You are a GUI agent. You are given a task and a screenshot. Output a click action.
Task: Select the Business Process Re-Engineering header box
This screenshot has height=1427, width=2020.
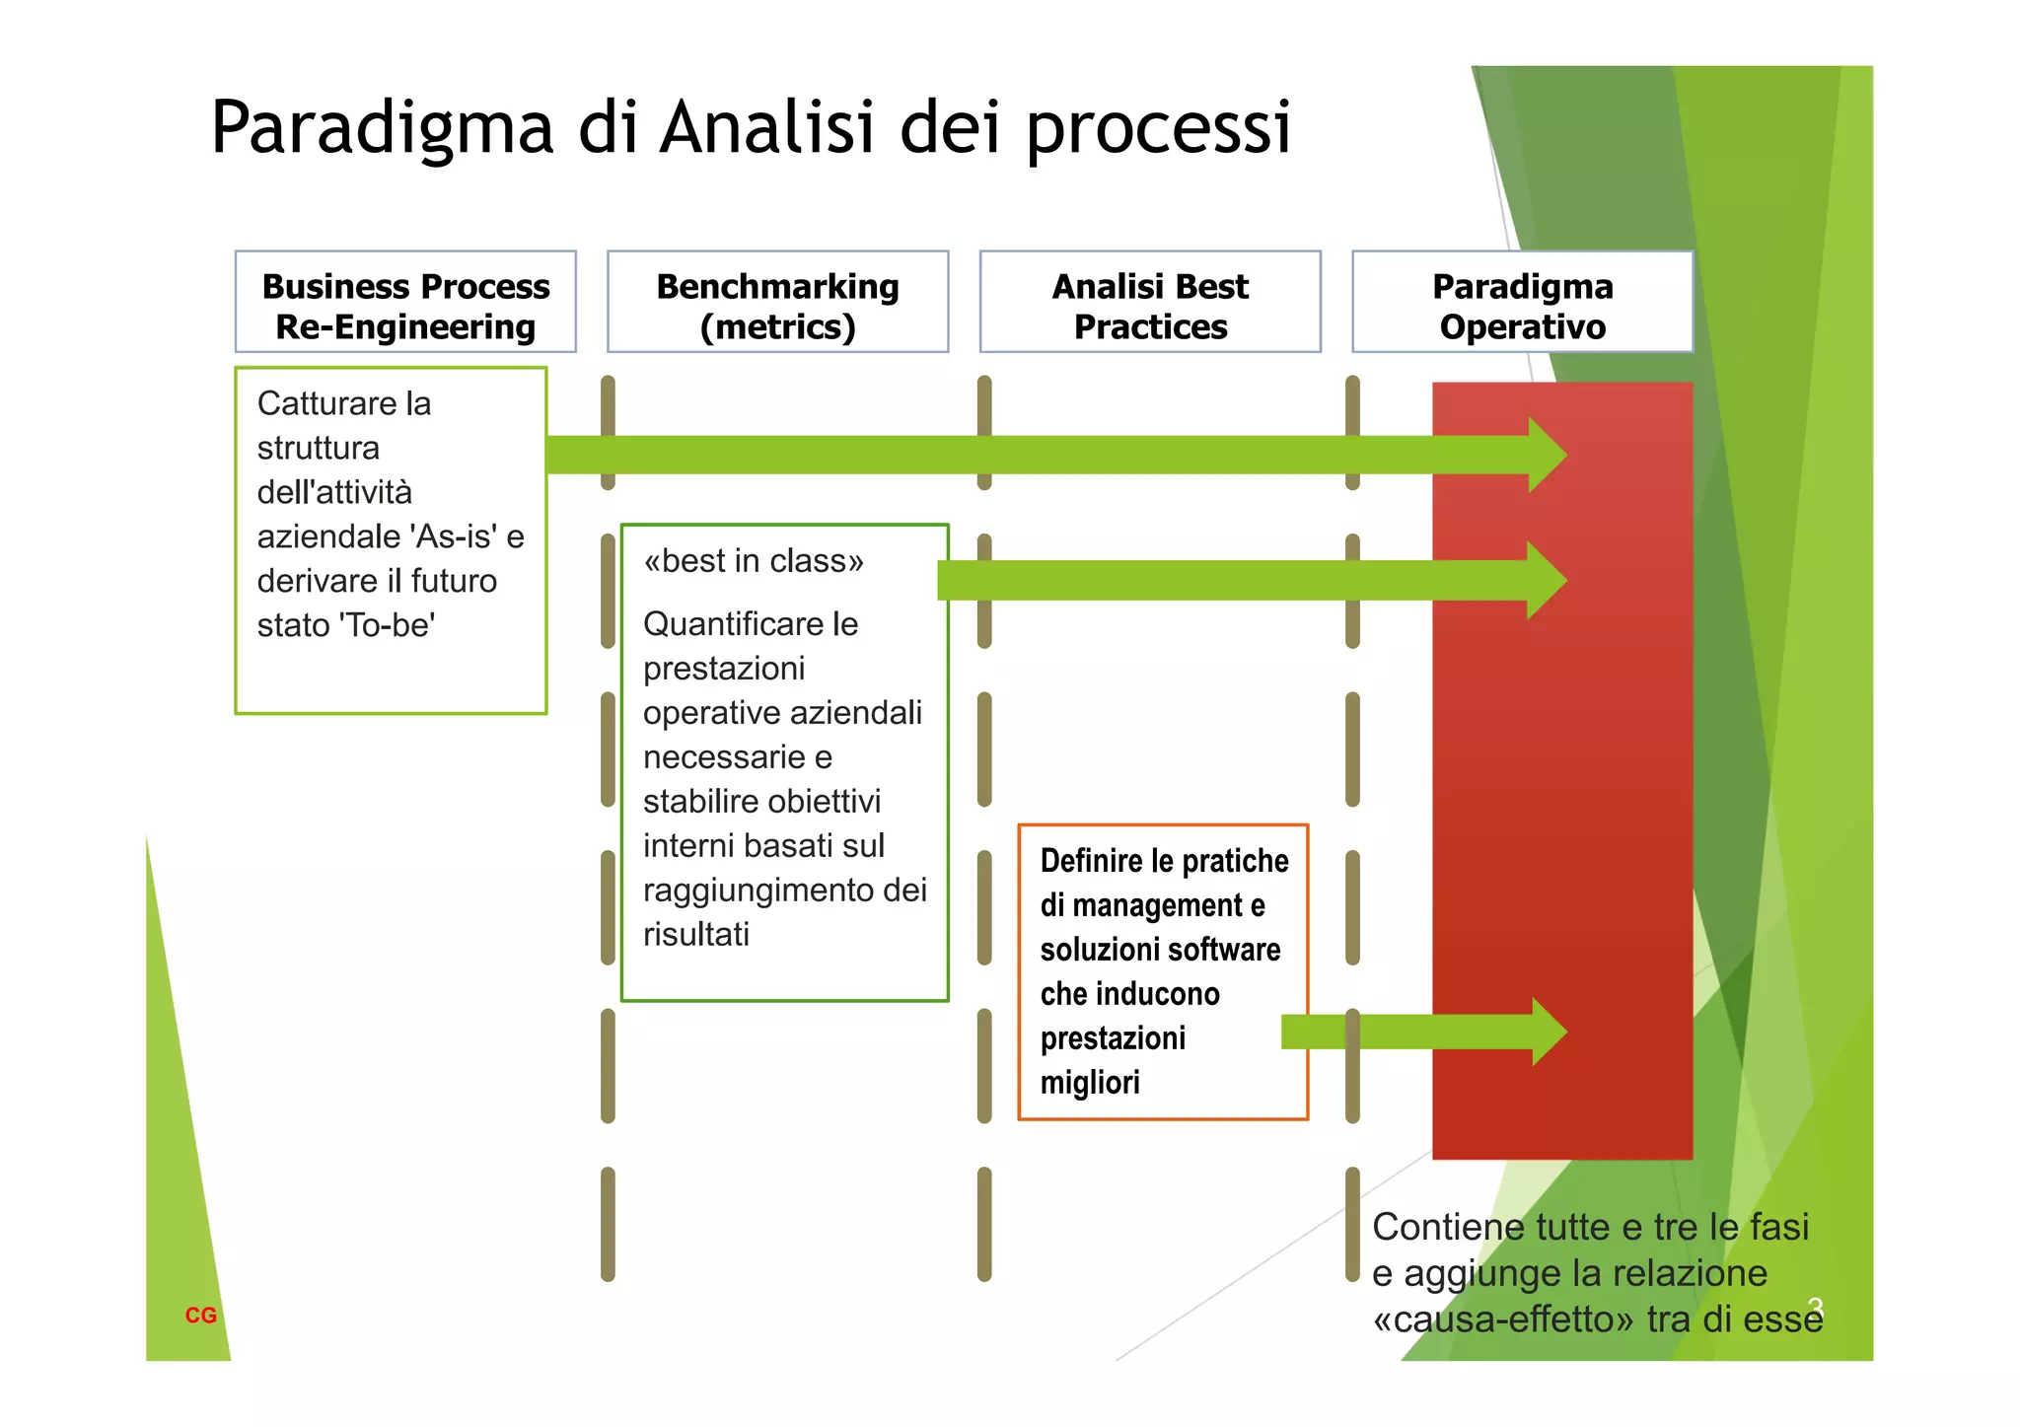(405, 302)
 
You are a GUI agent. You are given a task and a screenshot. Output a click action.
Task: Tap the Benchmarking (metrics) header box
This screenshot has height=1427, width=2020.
(777, 302)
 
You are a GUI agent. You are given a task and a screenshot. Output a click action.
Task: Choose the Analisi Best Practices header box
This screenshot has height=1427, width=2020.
(1150, 302)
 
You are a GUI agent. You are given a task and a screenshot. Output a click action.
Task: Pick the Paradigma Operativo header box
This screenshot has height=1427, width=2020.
(1522, 302)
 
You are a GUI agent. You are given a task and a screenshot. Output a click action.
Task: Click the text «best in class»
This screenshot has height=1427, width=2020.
(754, 561)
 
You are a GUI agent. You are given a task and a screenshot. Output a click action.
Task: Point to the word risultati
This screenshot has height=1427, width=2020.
(696, 934)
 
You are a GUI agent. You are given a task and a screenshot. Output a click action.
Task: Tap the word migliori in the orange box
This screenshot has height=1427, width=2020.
(1089, 1083)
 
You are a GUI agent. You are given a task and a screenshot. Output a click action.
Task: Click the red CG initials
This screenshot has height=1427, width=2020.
(201, 1315)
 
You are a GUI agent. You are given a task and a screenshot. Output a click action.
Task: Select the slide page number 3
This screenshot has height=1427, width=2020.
(1815, 1307)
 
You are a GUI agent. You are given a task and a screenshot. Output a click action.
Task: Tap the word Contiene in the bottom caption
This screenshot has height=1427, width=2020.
(1436, 1228)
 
